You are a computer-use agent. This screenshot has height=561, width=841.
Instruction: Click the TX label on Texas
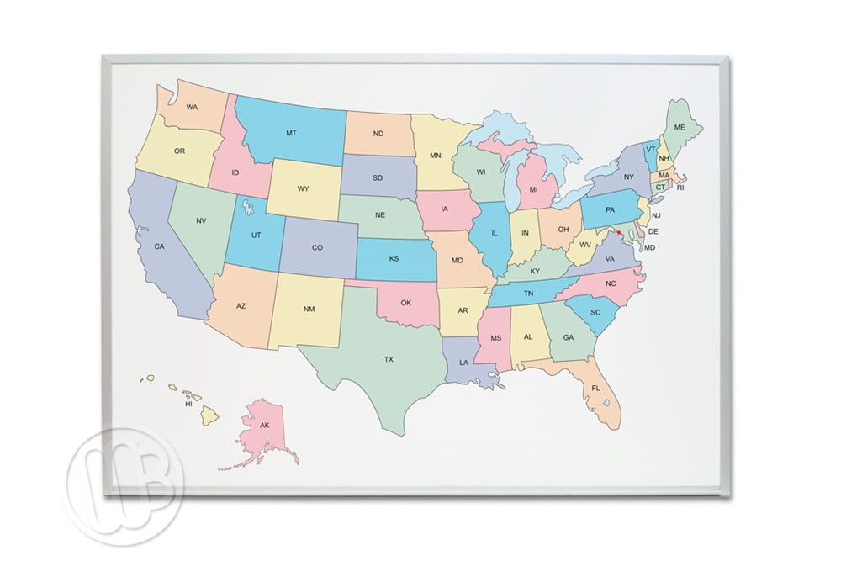tap(389, 359)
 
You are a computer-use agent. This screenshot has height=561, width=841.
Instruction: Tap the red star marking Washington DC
tap(620, 233)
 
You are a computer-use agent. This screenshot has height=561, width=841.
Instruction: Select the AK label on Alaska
tap(264, 426)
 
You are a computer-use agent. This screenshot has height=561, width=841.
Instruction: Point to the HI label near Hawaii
tap(189, 404)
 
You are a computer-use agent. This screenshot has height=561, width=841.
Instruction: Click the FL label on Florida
tap(595, 388)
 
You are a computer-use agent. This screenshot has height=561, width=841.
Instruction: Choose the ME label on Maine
tap(680, 127)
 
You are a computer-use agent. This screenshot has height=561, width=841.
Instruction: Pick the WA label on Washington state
tap(193, 107)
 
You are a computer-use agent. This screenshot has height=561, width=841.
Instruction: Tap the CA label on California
tap(159, 246)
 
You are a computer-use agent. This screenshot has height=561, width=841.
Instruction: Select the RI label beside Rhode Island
tap(680, 188)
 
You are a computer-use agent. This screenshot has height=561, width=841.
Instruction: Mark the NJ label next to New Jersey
tap(656, 215)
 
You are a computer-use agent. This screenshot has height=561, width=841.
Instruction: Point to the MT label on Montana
tap(291, 133)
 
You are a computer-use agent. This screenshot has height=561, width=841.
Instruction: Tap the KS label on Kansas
tap(394, 258)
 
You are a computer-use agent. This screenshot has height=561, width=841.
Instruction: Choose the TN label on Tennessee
tap(529, 293)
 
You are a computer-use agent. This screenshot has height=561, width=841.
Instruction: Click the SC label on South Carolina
tap(595, 311)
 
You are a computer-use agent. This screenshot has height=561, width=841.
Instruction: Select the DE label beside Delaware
tap(653, 231)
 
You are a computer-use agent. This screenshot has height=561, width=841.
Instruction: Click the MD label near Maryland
tap(649, 247)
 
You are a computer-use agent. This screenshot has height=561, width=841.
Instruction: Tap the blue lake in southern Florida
tap(606, 403)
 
